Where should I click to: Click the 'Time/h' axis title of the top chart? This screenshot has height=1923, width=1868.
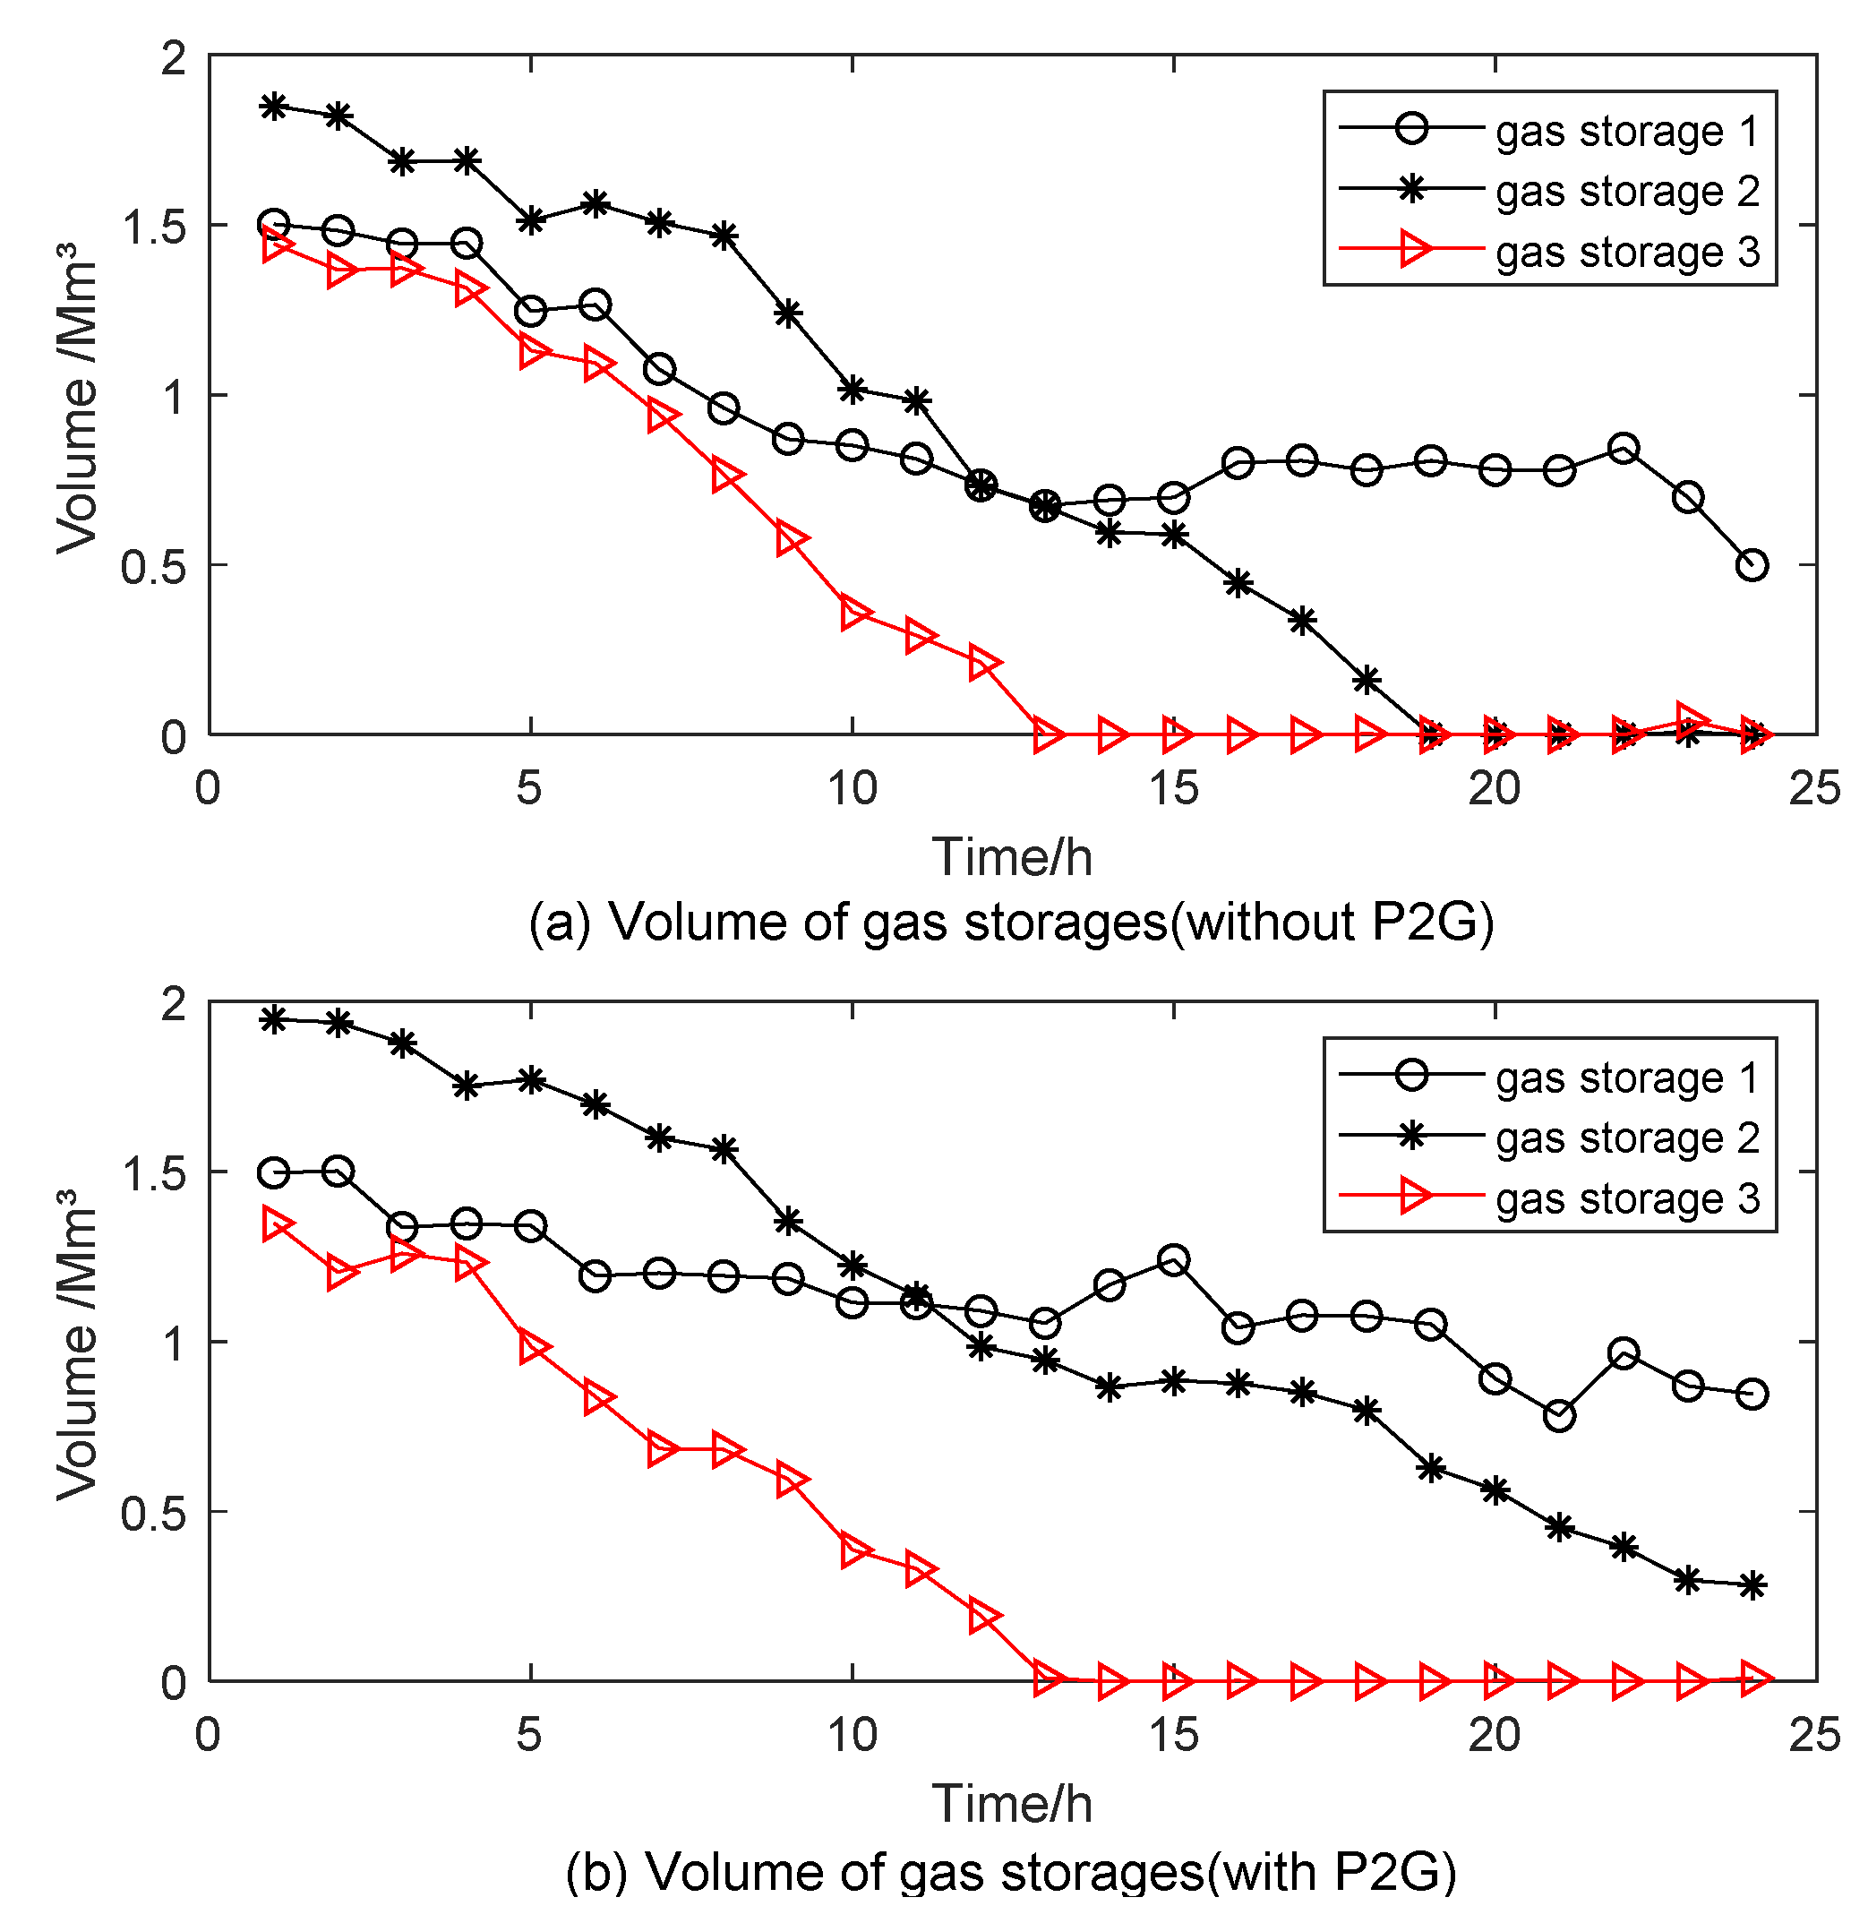click(x=1012, y=856)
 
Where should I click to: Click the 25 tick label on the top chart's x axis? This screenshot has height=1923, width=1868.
click(x=1815, y=788)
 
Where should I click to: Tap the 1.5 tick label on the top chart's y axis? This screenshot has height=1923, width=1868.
click(x=154, y=227)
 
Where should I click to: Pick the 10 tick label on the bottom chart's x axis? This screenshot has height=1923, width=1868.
click(x=852, y=1736)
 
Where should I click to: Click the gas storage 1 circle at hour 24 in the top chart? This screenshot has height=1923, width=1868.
click(x=1752, y=565)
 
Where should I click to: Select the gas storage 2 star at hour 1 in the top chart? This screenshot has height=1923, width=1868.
click(x=274, y=106)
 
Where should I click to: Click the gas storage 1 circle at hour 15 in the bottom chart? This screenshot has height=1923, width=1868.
click(x=1173, y=1258)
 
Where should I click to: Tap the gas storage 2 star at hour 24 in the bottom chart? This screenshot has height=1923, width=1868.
click(x=1752, y=1585)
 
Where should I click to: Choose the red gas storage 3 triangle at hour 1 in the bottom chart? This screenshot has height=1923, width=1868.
click(x=277, y=1224)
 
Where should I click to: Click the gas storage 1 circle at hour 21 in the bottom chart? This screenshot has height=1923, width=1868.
click(x=1559, y=1416)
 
